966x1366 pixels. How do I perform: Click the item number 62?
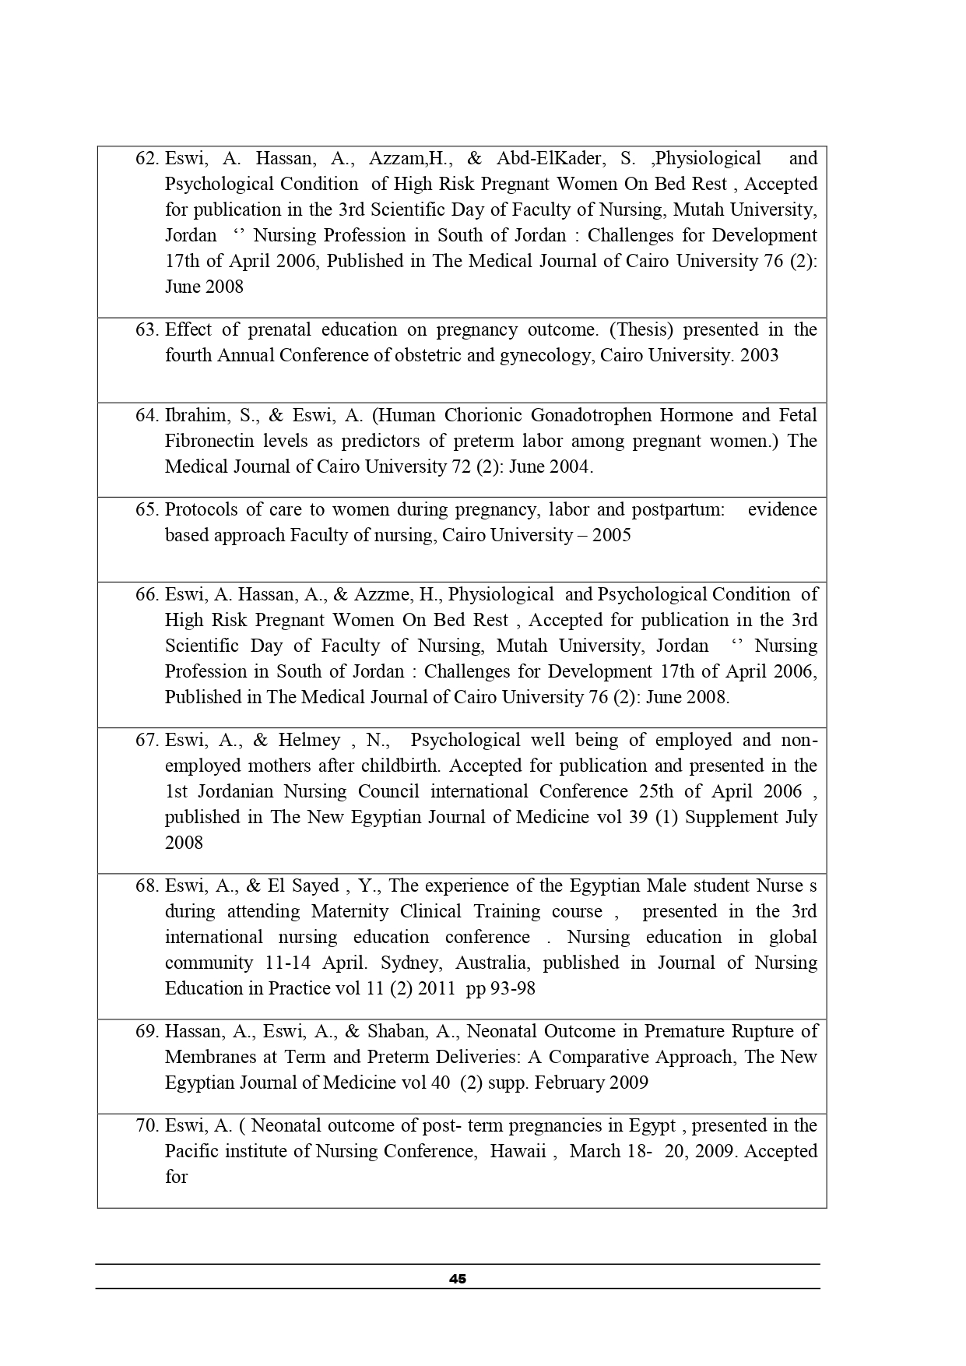[x=146, y=159]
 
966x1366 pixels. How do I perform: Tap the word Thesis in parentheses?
[x=641, y=329]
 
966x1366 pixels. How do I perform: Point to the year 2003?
[x=759, y=355]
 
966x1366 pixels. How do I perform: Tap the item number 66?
[x=146, y=594]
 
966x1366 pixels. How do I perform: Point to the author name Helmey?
[x=310, y=740]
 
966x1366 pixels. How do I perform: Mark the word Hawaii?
[x=518, y=1151]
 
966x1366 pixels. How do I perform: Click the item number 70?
[x=146, y=1125]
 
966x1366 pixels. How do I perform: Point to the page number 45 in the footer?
[x=458, y=1279]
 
